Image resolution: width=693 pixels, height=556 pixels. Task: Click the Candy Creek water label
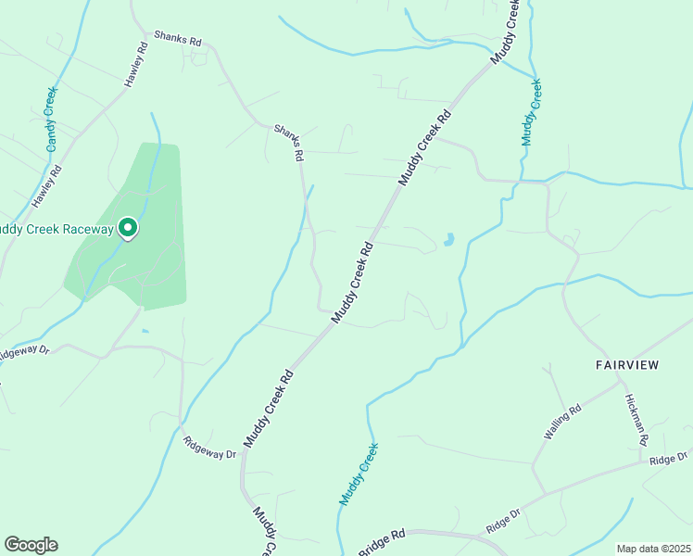[51, 120]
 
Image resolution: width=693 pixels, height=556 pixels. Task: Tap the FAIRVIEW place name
[626, 365]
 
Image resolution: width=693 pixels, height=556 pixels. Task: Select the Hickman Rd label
[637, 418]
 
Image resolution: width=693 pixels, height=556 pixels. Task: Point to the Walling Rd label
[562, 423]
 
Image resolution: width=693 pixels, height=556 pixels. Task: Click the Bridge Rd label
[382, 542]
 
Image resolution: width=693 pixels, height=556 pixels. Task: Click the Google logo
[31, 545]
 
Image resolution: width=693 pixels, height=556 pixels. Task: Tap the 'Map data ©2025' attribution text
[652, 549]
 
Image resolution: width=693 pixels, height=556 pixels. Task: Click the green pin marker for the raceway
[127, 227]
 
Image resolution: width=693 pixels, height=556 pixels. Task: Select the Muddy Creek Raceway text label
[56, 229]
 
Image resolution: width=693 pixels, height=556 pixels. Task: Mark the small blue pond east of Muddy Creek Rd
[449, 239]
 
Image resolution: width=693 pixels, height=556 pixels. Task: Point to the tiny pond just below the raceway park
[145, 331]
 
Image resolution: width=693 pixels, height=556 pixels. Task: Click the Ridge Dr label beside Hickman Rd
[669, 459]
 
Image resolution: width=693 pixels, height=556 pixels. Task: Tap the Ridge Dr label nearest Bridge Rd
[503, 520]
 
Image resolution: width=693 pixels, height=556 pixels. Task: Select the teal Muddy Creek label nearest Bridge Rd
[359, 474]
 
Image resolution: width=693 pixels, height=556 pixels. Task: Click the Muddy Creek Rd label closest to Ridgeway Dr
[269, 409]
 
